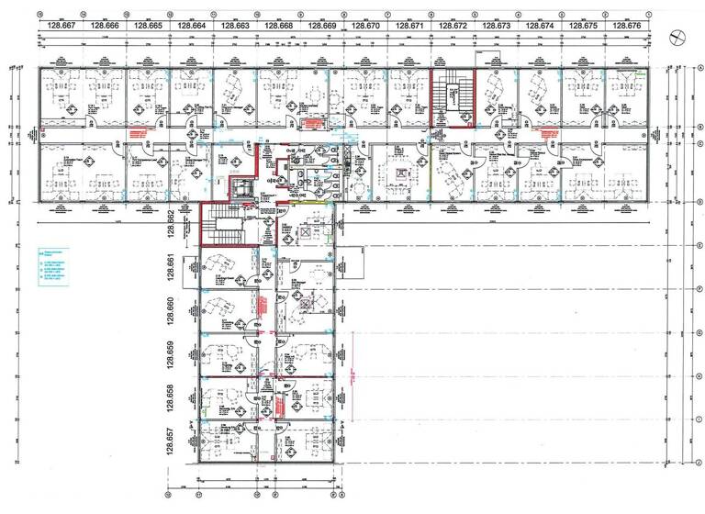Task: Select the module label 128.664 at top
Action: coord(192,27)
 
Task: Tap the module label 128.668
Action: coord(279,27)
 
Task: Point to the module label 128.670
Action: coord(366,27)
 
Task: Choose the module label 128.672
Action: coord(453,27)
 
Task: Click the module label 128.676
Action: coord(628,27)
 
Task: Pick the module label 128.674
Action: coord(541,27)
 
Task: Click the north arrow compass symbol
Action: coord(677,37)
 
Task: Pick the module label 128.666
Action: coord(105,27)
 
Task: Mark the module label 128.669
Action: coord(322,27)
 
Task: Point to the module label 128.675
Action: coord(585,27)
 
